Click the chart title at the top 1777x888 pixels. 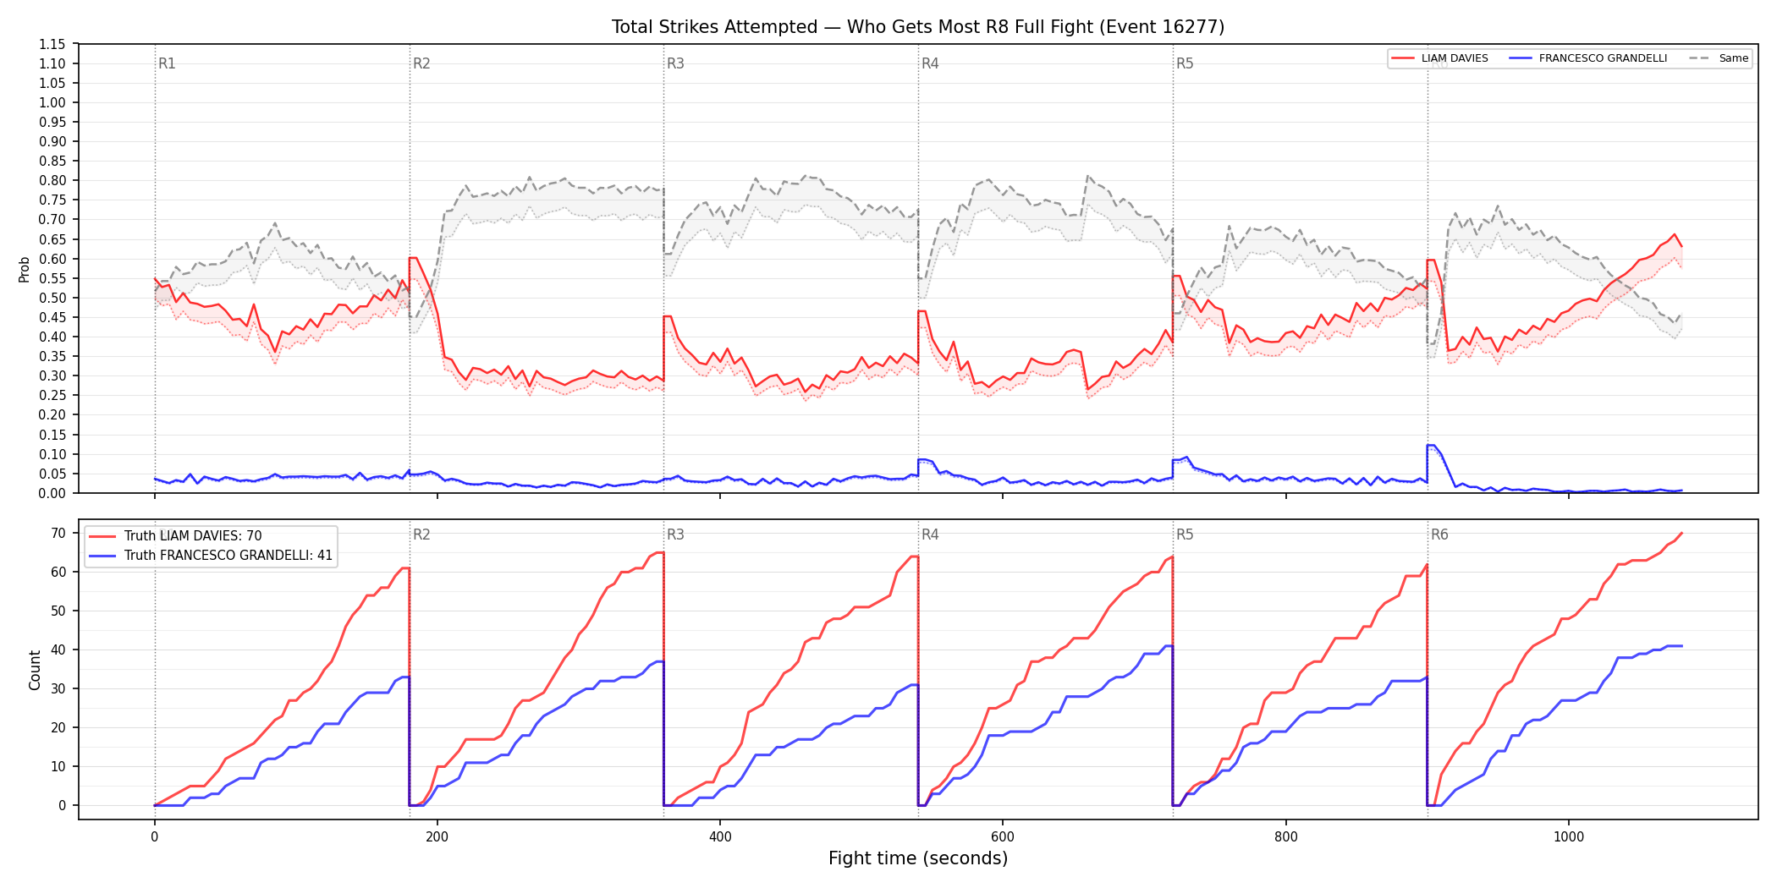pos(918,27)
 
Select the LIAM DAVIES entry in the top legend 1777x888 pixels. pos(1455,58)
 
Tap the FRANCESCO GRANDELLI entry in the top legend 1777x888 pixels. pos(1603,58)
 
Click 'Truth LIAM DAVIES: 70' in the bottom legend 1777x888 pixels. pos(193,536)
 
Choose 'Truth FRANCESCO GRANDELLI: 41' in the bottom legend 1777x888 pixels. pos(228,556)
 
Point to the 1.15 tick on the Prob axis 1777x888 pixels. pos(52,44)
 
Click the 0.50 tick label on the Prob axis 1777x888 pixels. pos(52,298)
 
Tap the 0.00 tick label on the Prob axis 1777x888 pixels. pos(52,493)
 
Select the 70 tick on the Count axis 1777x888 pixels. pos(58,533)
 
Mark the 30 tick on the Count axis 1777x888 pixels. pos(58,688)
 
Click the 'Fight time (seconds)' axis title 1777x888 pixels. pos(918,858)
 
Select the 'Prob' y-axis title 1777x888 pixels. pos(25,269)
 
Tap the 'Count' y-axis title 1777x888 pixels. pos(35,670)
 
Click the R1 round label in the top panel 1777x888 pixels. pos(167,63)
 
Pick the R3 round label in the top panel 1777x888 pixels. pos(675,63)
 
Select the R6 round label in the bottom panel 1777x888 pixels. pos(1439,534)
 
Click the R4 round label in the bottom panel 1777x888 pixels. pos(930,534)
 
